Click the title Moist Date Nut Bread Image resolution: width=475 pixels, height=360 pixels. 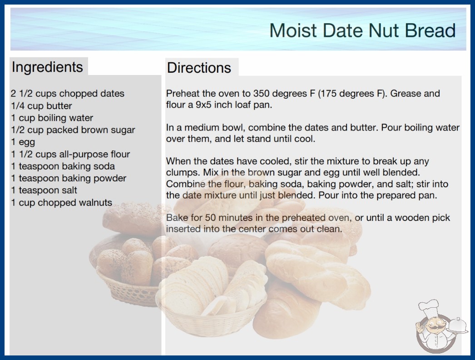(362, 30)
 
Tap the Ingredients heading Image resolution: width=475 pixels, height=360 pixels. (47, 67)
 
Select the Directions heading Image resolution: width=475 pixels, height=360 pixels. (199, 67)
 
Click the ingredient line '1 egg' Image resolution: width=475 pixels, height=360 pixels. (23, 142)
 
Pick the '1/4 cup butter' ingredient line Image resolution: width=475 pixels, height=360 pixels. (41, 106)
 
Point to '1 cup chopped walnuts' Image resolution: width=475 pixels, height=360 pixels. (61, 202)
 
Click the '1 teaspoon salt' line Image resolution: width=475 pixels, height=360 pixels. (44, 190)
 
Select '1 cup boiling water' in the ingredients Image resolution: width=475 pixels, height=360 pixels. (52, 118)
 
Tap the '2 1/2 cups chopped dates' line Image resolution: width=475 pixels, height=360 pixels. (68, 94)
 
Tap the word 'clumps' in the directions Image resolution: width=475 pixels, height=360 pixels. (183, 173)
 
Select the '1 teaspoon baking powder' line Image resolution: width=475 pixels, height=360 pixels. (69, 178)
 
